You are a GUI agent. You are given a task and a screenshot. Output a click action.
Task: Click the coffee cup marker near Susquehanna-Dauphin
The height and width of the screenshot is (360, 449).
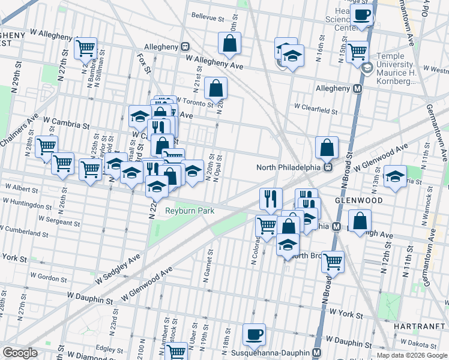[x=254, y=335]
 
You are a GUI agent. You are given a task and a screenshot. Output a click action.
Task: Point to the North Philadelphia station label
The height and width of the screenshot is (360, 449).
[x=289, y=167]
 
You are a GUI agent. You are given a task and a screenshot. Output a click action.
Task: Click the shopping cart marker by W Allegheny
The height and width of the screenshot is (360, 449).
[x=86, y=48]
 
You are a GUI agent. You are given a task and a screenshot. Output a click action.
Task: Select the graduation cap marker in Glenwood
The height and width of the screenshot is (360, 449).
[x=395, y=176]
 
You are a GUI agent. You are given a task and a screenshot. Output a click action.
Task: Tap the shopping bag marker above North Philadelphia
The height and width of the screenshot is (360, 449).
[x=327, y=147]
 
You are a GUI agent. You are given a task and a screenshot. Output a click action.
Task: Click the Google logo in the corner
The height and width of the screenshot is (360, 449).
[x=20, y=353]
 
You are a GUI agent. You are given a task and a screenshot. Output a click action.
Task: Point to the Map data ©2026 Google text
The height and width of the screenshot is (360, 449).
[x=412, y=355]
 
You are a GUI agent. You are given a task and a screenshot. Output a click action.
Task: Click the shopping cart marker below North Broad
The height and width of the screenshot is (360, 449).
[x=332, y=261]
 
